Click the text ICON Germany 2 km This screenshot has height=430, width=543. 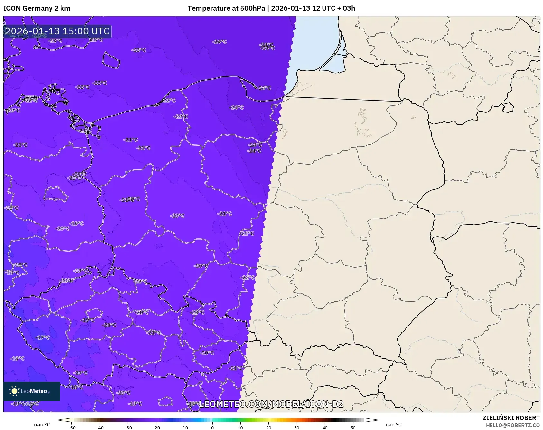click(37, 8)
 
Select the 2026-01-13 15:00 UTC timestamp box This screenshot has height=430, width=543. click(58, 31)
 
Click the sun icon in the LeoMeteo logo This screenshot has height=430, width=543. click(14, 391)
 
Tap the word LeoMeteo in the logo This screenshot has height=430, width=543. click(34, 391)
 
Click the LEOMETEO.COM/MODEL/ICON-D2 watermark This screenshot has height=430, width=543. click(271, 404)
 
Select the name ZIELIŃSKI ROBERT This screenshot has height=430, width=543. click(511, 418)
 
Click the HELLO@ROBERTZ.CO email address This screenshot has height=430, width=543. click(512, 425)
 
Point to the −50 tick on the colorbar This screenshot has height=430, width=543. click(72, 428)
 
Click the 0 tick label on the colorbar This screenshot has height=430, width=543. click(212, 428)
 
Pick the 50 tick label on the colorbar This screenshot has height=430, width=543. click(353, 428)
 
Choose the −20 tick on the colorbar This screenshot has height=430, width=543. click(156, 428)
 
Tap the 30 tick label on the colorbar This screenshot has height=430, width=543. click(297, 428)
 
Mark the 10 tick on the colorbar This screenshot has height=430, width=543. click(240, 428)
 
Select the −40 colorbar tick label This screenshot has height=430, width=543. click(100, 428)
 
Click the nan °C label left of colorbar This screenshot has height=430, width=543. click(42, 425)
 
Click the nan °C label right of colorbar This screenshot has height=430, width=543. click(394, 425)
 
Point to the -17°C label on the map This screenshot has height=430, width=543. click(42, 337)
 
